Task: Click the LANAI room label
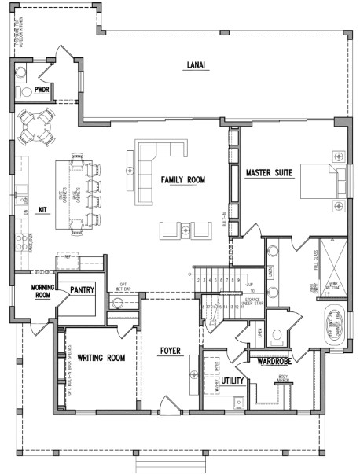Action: point(197,65)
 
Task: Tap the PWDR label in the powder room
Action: point(42,91)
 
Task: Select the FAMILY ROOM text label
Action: point(182,180)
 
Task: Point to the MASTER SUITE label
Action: point(270,172)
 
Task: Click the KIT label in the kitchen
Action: point(43,210)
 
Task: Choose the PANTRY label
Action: point(81,289)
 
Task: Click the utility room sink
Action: point(238,403)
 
